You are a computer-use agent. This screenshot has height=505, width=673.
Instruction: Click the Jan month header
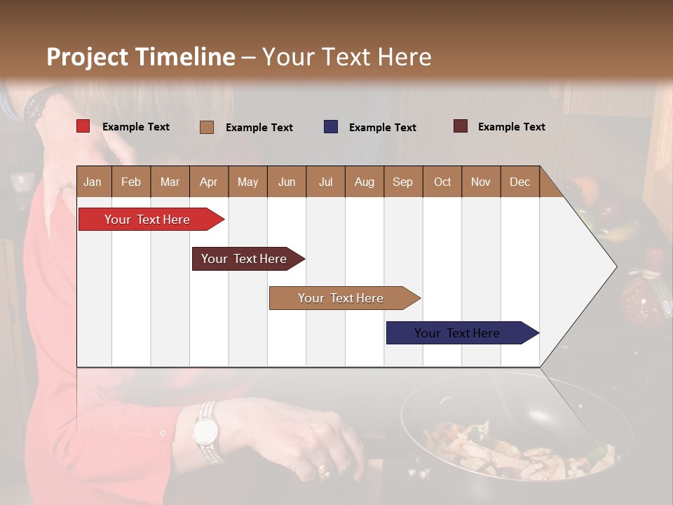[93, 182]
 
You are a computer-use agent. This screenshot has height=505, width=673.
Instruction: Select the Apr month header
[208, 182]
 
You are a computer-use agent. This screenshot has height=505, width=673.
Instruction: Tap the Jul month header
[325, 182]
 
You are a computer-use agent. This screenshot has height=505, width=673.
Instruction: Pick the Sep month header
[402, 182]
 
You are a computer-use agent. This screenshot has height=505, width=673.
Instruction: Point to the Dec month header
[519, 182]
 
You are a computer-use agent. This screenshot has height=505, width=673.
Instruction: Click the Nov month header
[480, 182]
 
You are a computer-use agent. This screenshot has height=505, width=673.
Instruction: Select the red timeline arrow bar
[147, 220]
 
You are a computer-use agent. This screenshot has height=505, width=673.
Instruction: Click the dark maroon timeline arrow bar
[244, 259]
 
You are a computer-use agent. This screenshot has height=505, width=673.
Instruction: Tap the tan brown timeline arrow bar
[341, 298]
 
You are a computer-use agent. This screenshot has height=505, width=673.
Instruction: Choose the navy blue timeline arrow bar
[457, 333]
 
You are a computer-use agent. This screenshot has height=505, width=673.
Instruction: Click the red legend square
[83, 126]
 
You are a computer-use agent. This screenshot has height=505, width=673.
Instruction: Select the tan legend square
[206, 127]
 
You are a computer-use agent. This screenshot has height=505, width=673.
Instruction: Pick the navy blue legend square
[330, 127]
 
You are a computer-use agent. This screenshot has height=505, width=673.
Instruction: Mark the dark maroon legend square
[460, 126]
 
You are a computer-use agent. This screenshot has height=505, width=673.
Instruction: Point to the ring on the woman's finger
[323, 469]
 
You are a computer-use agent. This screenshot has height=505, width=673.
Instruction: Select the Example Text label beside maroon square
[511, 127]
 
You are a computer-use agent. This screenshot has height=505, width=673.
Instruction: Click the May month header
[247, 182]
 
